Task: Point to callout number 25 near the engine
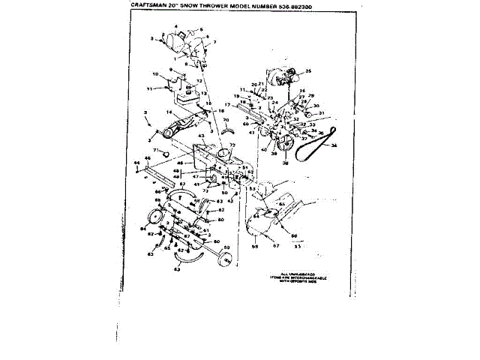click(307, 72)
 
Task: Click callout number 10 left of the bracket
click(155, 74)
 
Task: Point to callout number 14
click(169, 112)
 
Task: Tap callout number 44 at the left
click(137, 161)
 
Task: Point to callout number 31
click(320, 113)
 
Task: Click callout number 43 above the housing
click(201, 136)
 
